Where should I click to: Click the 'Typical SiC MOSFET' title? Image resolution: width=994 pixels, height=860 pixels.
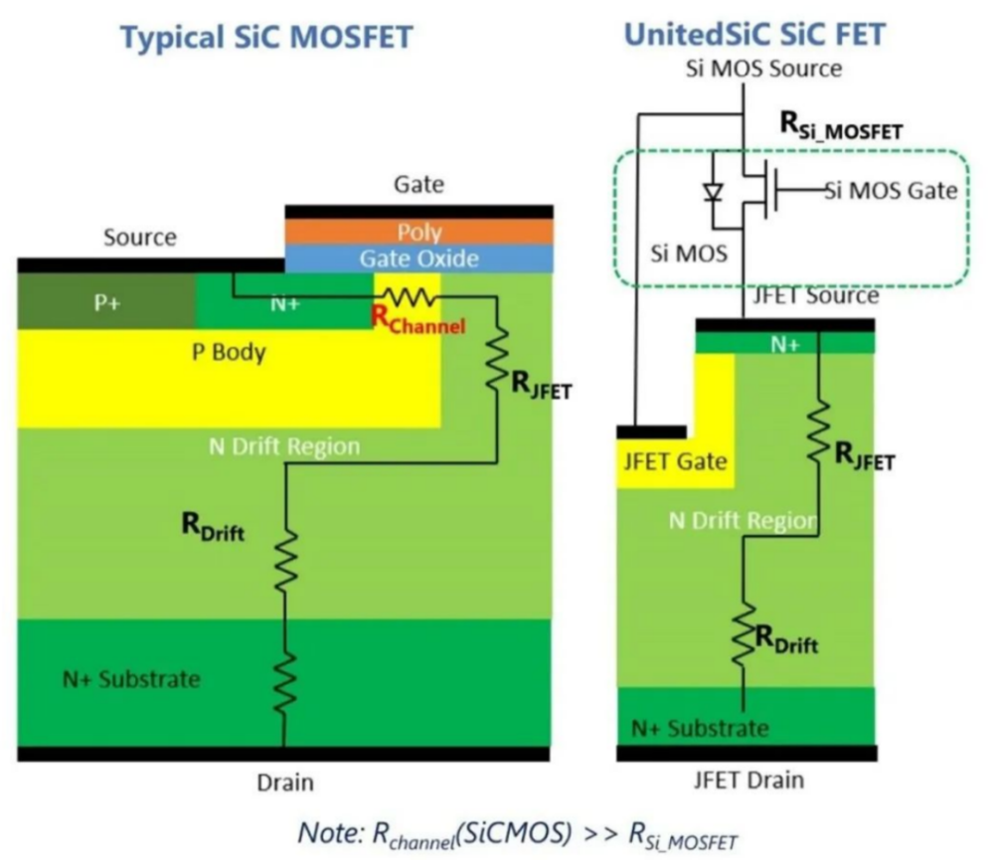pos(265,38)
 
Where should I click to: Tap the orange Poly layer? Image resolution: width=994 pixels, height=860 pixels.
pos(418,232)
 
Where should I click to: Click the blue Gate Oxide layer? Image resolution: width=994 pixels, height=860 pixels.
pos(418,258)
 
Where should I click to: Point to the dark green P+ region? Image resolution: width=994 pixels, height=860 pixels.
pos(106,302)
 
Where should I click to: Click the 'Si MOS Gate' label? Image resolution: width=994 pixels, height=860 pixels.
pos(892,190)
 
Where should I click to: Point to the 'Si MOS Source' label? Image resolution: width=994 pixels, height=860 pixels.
pos(763,69)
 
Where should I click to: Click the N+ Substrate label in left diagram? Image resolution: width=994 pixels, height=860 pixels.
pos(119,679)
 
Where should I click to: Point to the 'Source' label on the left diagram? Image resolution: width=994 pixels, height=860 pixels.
pos(139,237)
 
